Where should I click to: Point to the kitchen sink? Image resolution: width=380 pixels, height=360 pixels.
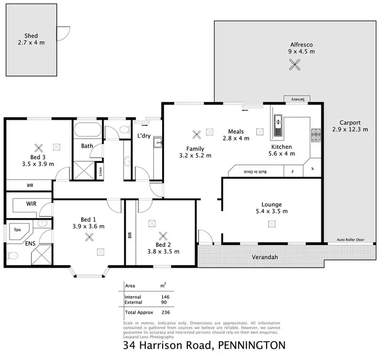click(278, 126)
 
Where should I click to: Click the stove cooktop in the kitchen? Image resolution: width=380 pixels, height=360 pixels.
click(316, 135)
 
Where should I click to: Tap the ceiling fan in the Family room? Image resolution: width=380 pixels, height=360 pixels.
click(197, 134)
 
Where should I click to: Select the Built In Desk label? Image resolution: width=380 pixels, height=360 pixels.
click(256, 171)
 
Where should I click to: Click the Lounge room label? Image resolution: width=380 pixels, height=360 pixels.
click(272, 208)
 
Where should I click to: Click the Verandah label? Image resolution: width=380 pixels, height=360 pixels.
click(264, 258)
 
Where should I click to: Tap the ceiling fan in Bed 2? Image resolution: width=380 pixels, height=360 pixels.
click(163, 235)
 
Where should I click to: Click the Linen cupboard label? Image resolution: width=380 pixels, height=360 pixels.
click(101, 172)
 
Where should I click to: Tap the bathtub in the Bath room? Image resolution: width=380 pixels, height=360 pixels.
click(88, 131)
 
